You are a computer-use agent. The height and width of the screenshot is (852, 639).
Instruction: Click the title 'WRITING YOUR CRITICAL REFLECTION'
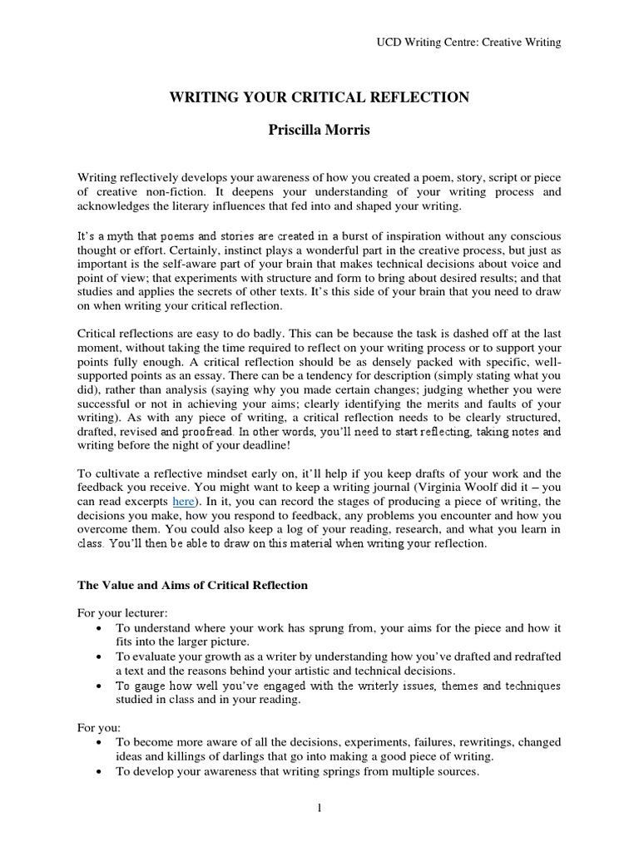[x=319, y=98]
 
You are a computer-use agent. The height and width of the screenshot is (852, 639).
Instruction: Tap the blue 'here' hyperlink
[x=184, y=501]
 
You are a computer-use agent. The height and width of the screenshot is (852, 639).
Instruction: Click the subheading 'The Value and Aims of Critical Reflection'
[x=193, y=585]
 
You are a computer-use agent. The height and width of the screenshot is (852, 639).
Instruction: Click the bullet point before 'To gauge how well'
[x=101, y=686]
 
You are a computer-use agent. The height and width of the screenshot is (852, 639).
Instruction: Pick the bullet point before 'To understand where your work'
[x=101, y=628]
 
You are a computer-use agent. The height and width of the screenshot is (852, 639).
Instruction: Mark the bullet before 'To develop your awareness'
[x=101, y=771]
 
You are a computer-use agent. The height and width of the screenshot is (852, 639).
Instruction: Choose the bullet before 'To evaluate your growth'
[x=101, y=656]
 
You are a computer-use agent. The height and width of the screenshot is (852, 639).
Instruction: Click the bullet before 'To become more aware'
[x=101, y=741]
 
